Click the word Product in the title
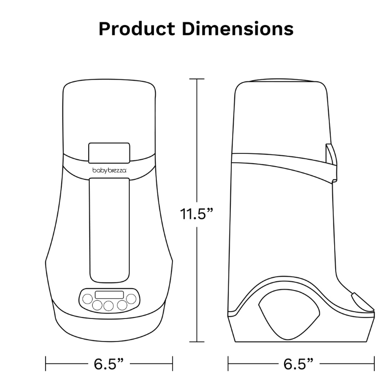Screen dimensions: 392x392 point(137,29)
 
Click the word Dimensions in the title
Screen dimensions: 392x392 point(238,29)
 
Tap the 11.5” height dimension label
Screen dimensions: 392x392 point(196,214)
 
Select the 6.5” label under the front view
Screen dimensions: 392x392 point(109,364)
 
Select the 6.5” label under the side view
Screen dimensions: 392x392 point(298,364)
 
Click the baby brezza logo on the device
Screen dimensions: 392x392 point(109,171)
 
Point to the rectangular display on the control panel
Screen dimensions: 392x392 point(109,295)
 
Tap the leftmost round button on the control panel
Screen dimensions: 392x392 point(88,299)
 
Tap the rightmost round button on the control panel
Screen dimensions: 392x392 point(131,298)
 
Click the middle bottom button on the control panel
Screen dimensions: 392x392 point(108,306)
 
